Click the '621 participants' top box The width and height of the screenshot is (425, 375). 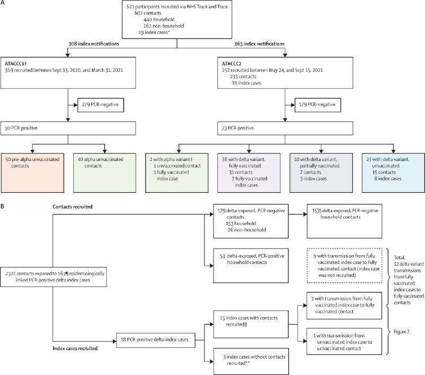[x=177, y=20]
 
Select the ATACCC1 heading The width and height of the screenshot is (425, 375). [x=16, y=64]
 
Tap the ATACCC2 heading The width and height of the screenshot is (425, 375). [x=232, y=64]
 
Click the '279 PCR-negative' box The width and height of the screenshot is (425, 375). [x=100, y=105]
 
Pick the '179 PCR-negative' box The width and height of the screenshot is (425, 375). [x=317, y=105]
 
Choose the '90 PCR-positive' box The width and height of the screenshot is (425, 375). [x=68, y=128]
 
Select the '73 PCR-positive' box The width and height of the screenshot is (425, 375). [x=285, y=128]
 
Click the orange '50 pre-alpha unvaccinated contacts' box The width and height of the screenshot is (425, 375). [x=32, y=173]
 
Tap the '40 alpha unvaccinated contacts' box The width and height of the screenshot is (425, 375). [x=105, y=173]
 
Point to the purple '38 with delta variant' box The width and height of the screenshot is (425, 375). [x=249, y=173]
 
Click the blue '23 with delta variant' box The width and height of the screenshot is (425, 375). [x=393, y=173]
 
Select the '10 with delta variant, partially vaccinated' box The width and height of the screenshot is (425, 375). [x=321, y=173]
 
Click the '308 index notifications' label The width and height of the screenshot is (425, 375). [x=93, y=44]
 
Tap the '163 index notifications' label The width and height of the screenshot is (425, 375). [x=259, y=44]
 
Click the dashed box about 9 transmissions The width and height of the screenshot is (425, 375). [x=344, y=266]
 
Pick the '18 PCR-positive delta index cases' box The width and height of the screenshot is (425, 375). [x=156, y=340]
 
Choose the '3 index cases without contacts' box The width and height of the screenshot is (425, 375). [x=251, y=361]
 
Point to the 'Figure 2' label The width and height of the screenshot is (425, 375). [x=402, y=331]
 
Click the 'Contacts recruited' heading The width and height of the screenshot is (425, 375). [x=73, y=207]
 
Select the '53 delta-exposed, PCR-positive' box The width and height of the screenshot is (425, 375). [x=251, y=266]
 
